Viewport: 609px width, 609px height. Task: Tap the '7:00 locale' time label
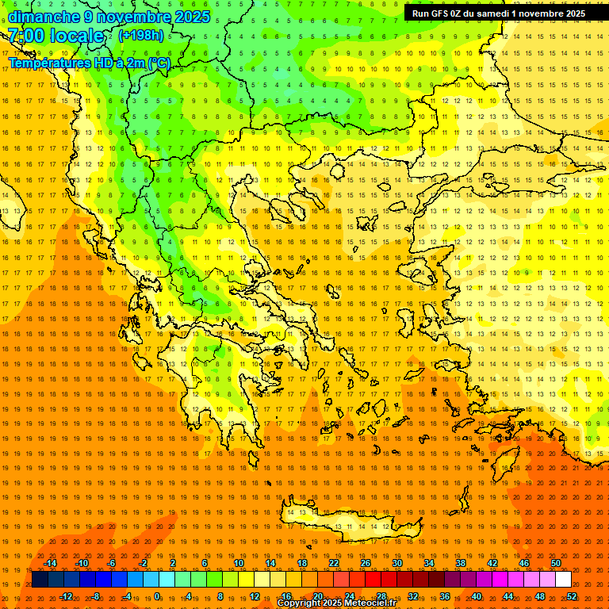56,36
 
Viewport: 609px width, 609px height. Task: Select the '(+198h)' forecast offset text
141,35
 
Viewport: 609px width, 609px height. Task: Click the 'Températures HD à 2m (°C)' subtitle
89,63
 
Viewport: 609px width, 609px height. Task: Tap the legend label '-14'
50,563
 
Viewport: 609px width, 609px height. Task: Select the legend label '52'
572,596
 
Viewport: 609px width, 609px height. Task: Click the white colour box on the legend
563,580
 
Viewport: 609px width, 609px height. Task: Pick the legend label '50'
556,563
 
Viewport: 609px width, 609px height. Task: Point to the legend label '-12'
66,596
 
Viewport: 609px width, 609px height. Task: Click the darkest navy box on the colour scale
40,580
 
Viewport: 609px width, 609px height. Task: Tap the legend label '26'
366,563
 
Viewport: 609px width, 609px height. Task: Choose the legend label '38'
461,563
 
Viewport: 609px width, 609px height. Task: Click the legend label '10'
239,563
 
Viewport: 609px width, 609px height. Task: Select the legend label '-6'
112,563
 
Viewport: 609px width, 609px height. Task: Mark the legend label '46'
524,563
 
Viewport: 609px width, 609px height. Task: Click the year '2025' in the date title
192,17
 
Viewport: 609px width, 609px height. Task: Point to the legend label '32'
413,596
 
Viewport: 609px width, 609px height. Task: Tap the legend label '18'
302,563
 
